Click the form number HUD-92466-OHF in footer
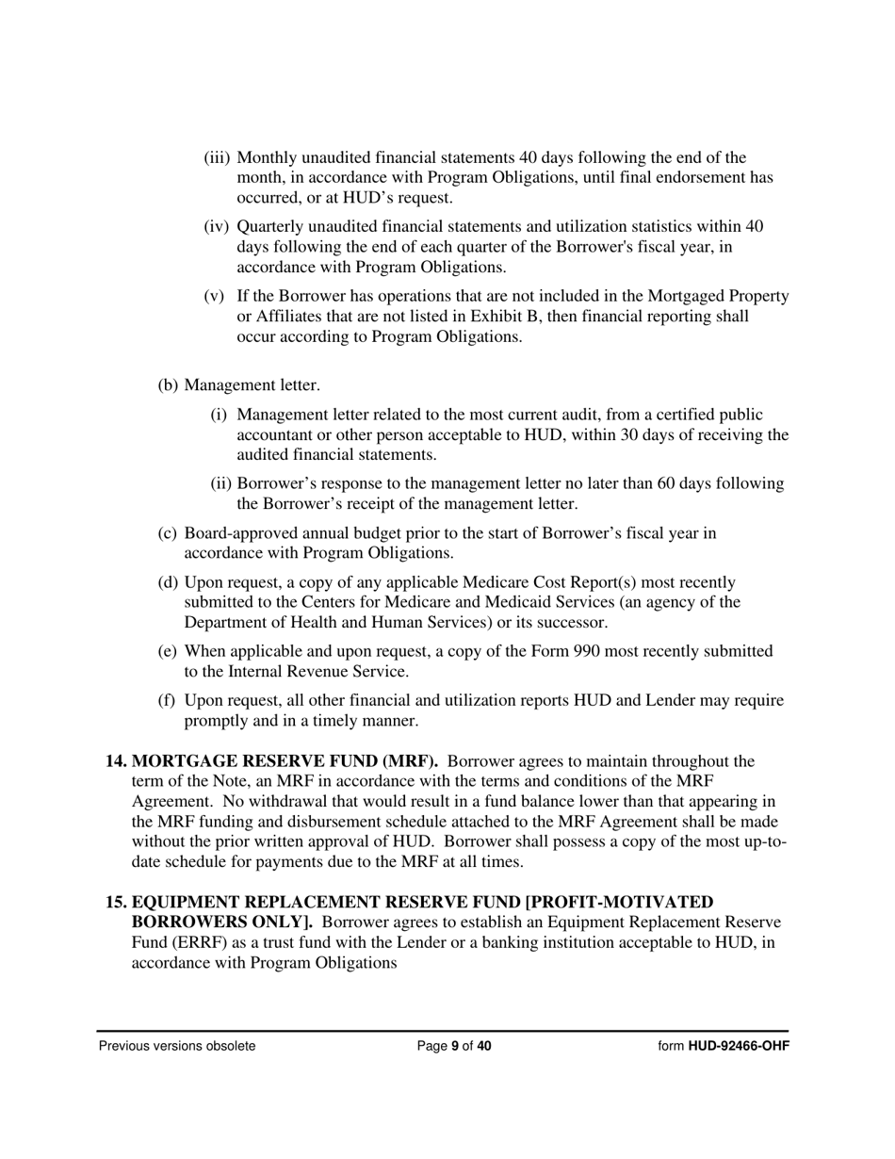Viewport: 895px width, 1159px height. [x=738, y=1046]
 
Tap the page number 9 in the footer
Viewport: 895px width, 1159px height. [x=455, y=1046]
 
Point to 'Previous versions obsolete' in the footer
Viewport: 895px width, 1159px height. [x=177, y=1046]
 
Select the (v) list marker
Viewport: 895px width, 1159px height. [x=215, y=297]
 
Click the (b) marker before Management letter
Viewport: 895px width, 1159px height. [x=168, y=385]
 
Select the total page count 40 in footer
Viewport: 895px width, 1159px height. [x=484, y=1046]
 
